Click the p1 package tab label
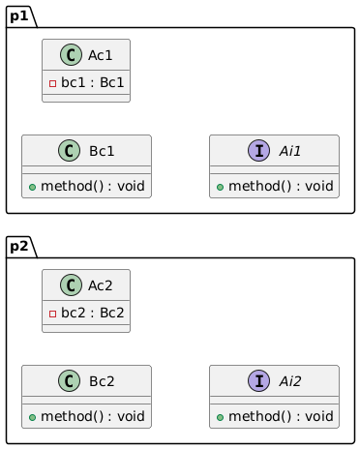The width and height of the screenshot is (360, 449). [x=19, y=16]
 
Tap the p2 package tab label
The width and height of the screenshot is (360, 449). [x=19, y=247]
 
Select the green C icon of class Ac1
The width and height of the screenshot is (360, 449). [x=71, y=55]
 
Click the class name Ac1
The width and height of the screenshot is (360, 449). [x=101, y=55]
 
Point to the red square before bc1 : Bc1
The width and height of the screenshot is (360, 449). [x=52, y=84]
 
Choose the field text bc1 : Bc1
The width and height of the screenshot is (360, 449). [x=93, y=82]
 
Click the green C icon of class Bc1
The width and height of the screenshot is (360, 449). [x=69, y=151]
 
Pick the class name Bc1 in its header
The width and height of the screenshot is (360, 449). [x=102, y=151]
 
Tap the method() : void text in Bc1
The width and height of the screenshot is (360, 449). [x=93, y=186]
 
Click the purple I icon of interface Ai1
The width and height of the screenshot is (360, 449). [x=258, y=151]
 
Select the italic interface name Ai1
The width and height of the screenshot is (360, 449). [x=290, y=151]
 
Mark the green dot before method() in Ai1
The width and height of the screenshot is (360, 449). [x=220, y=187]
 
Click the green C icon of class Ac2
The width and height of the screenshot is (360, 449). [x=71, y=285]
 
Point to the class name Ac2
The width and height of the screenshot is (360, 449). [x=101, y=285]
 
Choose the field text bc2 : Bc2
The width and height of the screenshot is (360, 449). [x=93, y=313]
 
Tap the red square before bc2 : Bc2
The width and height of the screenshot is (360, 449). [x=52, y=314]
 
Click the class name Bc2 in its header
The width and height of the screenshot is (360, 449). [x=102, y=381]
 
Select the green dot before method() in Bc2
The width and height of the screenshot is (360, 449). [x=32, y=417]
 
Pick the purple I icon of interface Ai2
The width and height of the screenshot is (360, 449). [x=258, y=381]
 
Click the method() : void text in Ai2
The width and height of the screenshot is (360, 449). [x=281, y=416]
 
